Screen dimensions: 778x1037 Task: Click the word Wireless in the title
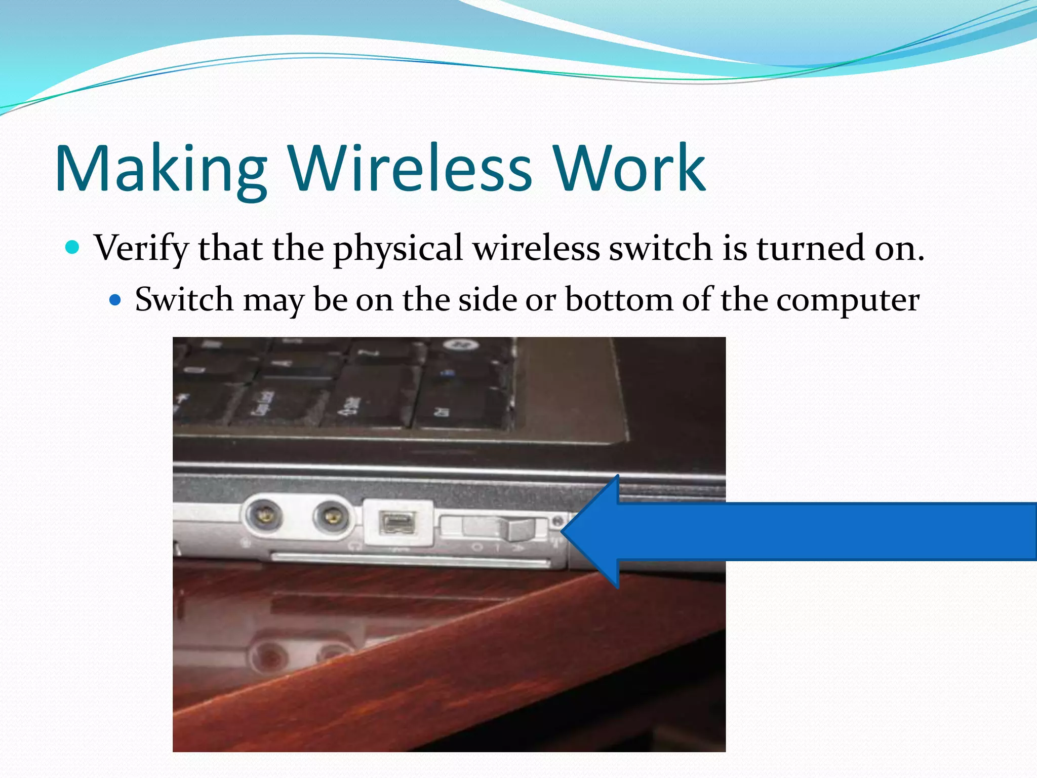pos(410,168)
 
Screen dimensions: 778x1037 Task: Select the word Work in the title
pos(629,168)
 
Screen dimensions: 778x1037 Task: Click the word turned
pos(810,248)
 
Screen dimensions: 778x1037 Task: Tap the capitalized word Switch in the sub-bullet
pos(184,299)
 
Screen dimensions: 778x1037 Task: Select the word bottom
pos(619,299)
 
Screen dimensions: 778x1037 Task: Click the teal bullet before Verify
pos(73,248)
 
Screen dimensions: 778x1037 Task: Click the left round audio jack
pos(263,516)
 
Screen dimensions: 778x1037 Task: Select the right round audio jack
pos(331,517)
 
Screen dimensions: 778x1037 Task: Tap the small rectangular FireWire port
pos(397,522)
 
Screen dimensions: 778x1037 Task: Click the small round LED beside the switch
pos(557,521)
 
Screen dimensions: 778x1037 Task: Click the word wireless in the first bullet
pos(536,248)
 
